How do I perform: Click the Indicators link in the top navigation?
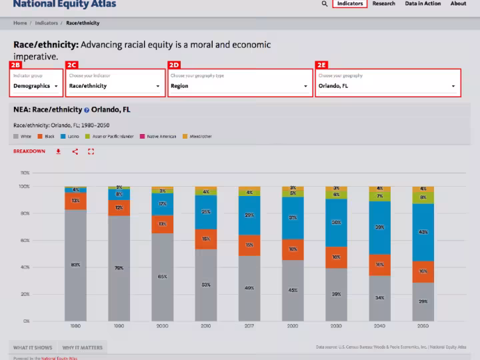(x=350, y=3)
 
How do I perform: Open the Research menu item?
(x=384, y=3)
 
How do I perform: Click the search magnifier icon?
(x=325, y=4)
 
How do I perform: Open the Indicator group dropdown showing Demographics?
(x=37, y=85)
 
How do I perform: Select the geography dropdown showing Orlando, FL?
(x=387, y=85)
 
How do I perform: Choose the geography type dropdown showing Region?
(x=239, y=85)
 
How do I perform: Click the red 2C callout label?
(x=72, y=65)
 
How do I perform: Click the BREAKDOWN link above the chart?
(x=29, y=151)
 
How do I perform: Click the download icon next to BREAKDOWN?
(x=59, y=151)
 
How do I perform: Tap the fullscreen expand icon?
(x=91, y=151)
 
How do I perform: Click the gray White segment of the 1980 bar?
(x=75, y=265)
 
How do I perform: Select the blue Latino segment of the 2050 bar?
(x=423, y=232)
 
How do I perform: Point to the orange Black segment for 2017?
(x=249, y=245)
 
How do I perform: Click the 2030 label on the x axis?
(x=336, y=326)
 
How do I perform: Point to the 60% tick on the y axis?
(x=25, y=240)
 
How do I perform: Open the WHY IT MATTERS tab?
(x=82, y=347)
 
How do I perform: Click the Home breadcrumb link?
(x=20, y=23)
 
